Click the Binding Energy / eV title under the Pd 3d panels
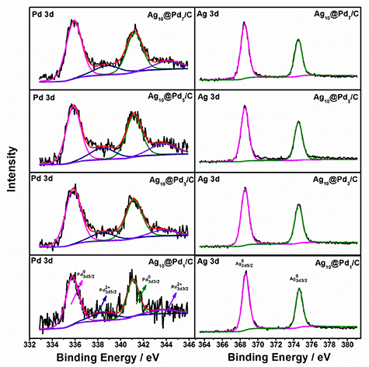(110, 357)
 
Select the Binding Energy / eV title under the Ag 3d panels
(280, 357)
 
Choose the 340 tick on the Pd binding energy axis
(120, 342)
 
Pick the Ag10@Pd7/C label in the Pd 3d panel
(164, 13)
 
